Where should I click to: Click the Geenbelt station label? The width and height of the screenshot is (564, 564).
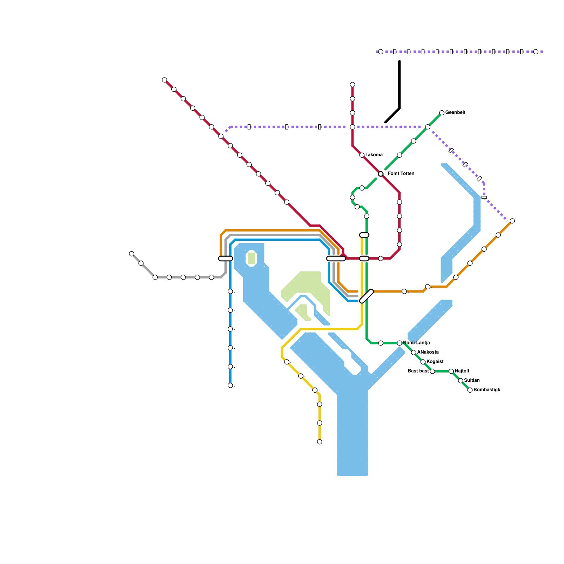click(455, 113)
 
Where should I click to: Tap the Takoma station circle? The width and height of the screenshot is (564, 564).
click(362, 155)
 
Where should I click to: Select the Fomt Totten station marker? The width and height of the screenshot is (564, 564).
click(381, 174)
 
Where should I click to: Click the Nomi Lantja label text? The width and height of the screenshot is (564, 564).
click(416, 343)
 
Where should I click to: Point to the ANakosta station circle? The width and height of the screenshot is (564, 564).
click(413, 352)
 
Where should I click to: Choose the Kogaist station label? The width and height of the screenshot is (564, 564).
click(435, 362)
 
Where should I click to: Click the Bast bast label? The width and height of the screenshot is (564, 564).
click(418, 371)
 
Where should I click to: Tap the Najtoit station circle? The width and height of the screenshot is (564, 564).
click(451, 371)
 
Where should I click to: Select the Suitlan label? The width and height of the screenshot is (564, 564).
click(472, 381)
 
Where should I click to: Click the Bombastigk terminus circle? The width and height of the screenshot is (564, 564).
click(470, 390)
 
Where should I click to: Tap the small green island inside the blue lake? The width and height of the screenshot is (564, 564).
click(251, 258)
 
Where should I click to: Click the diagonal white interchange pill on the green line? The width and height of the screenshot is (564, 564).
click(366, 296)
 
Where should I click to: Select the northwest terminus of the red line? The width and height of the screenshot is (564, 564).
click(164, 80)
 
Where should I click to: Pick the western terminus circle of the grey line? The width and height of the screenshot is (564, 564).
click(131, 254)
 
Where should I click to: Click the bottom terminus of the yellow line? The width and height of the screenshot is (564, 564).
click(319, 442)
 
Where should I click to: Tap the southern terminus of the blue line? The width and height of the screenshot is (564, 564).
click(230, 385)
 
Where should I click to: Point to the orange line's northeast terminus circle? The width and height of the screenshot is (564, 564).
click(512, 221)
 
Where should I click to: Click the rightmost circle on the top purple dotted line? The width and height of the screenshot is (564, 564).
click(536, 52)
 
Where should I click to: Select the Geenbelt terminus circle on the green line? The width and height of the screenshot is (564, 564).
click(442, 113)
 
